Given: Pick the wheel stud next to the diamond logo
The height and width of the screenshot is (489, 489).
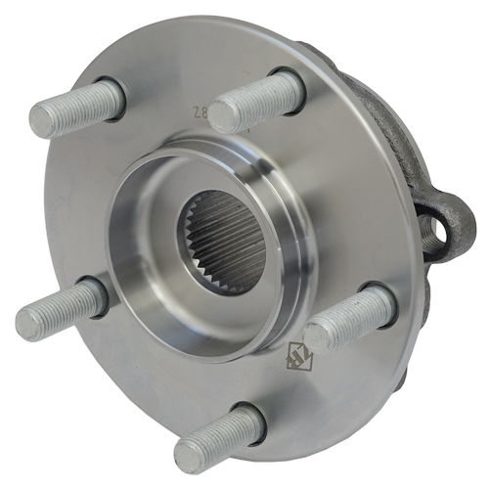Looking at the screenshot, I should (x=348, y=318).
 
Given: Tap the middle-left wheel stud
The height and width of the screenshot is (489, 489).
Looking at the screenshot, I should (x=61, y=308).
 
